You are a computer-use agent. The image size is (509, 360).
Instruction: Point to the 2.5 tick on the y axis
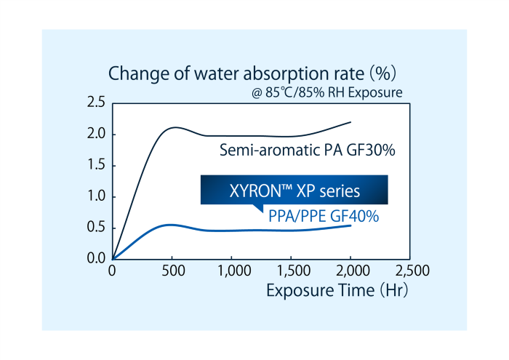click(x=96, y=103)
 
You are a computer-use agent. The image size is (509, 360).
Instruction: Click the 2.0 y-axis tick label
click(x=96, y=135)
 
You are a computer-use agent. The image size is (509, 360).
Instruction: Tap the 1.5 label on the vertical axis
click(x=96, y=166)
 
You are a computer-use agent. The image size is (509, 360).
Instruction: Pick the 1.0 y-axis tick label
click(x=96, y=197)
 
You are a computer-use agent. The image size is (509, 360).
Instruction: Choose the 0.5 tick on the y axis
click(x=96, y=228)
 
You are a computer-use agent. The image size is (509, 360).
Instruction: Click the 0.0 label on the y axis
click(x=96, y=258)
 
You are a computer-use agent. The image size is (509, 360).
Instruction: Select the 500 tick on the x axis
click(x=172, y=271)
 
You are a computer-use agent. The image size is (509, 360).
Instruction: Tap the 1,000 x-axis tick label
click(x=231, y=271)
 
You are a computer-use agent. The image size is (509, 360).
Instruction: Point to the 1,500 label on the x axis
click(x=292, y=271)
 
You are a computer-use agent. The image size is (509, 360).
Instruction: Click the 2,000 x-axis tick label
click(x=351, y=271)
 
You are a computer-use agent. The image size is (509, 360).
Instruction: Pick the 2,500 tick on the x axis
click(x=411, y=271)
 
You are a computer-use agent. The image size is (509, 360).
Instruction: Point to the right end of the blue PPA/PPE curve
click(x=351, y=225)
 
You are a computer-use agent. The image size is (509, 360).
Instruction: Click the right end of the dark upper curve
click(x=351, y=122)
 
